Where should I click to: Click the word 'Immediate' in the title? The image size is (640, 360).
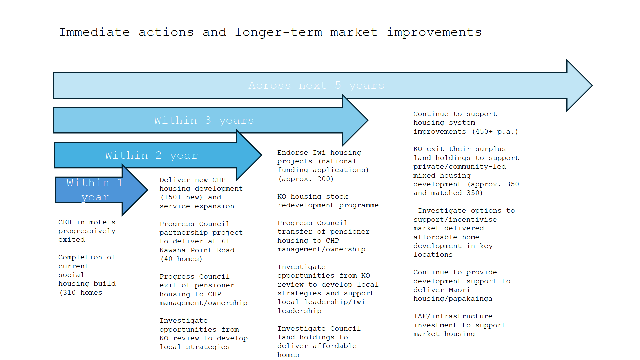[x=94, y=32]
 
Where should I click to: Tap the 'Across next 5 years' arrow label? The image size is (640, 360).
[x=316, y=86]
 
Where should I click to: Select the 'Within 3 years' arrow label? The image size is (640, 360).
[x=204, y=120]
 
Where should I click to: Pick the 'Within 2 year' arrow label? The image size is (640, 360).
[x=151, y=155]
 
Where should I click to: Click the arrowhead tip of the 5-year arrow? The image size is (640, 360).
[x=592, y=86]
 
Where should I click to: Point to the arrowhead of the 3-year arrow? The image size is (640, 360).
[x=355, y=120]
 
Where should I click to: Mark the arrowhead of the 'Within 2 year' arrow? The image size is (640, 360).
[x=249, y=155]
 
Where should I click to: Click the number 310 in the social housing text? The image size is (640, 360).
[x=69, y=293]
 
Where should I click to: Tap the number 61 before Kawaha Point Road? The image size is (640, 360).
[x=226, y=241]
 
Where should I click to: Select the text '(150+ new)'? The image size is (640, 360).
[x=181, y=197]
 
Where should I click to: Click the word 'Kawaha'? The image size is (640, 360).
[x=172, y=250]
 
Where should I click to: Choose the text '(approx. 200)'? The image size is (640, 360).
[x=306, y=179]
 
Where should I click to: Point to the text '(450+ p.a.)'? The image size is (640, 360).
[x=495, y=132]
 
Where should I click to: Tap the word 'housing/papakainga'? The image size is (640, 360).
[x=453, y=299]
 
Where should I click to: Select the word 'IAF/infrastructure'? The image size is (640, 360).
[x=453, y=316]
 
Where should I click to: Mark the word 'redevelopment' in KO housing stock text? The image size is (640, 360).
[x=306, y=205]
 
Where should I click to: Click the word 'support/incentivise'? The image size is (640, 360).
[x=455, y=220]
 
